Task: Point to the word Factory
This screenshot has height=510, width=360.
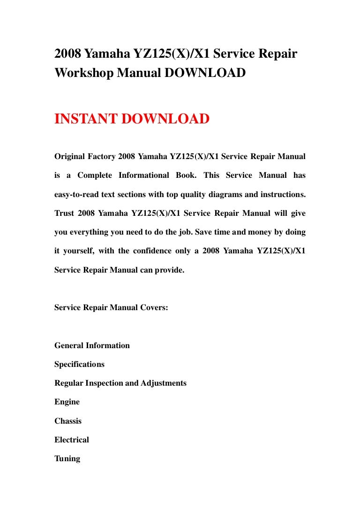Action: tap(102, 156)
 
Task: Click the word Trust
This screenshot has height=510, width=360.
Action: tap(64, 213)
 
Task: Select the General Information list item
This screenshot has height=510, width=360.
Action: tap(92, 346)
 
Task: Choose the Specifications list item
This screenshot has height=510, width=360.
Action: tap(79, 365)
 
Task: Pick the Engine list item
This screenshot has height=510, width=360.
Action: tap(67, 402)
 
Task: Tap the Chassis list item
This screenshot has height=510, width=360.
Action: tap(68, 421)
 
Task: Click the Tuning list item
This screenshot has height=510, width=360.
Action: tap(67, 459)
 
